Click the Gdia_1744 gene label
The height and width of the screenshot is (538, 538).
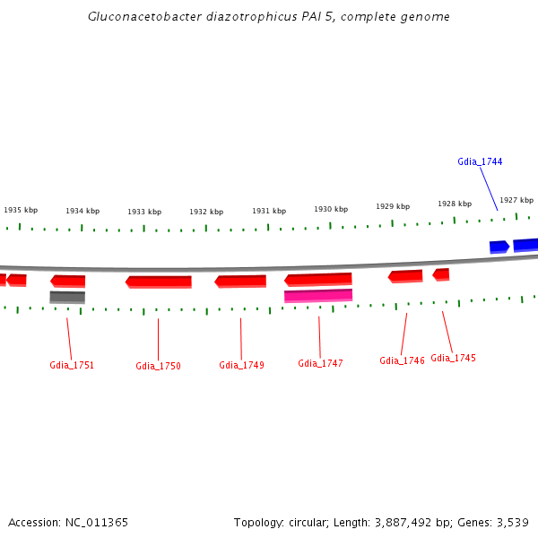coord(480,161)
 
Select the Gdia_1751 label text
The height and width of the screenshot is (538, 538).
coord(72,366)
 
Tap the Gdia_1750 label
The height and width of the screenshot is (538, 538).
coord(158,366)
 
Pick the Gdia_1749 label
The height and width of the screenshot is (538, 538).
coord(241,365)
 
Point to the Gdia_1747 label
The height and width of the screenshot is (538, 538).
coord(320,363)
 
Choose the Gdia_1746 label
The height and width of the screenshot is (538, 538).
coord(402,360)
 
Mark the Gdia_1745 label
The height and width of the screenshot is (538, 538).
coord(453,358)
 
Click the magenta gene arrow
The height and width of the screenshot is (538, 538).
coord(318,295)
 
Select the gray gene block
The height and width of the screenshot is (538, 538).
coord(67,297)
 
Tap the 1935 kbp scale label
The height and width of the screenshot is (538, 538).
coord(21,210)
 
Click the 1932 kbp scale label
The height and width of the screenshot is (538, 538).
coord(206,212)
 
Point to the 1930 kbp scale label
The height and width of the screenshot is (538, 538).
coord(330,209)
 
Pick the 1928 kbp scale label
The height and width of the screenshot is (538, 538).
coord(454,204)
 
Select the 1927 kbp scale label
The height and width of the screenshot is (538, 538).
coord(516,200)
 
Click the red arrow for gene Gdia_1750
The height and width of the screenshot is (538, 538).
coord(159,282)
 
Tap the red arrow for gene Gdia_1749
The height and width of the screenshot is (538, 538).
coord(240,281)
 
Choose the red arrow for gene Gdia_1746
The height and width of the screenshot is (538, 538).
coord(405,275)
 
